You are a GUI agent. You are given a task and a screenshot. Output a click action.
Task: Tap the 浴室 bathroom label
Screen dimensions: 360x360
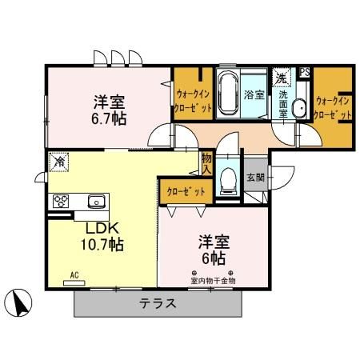coord(254,94)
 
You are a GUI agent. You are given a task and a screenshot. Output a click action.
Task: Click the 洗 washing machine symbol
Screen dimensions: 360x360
coord(281,78)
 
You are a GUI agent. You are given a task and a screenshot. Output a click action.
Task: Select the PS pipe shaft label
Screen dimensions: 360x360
coord(304,72)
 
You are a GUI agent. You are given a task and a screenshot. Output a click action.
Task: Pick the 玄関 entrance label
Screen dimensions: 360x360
coord(255,177)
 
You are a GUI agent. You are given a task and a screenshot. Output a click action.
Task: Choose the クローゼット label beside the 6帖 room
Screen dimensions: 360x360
coord(186,191)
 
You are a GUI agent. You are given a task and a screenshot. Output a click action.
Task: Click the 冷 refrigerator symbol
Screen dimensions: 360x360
coord(58,162)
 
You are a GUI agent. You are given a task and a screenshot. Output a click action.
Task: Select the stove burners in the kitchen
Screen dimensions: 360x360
coord(62,200)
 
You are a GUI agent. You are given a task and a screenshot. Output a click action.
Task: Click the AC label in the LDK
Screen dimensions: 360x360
coord(74,275)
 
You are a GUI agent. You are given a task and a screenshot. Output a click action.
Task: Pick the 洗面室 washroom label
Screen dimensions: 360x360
coord(284,102)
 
